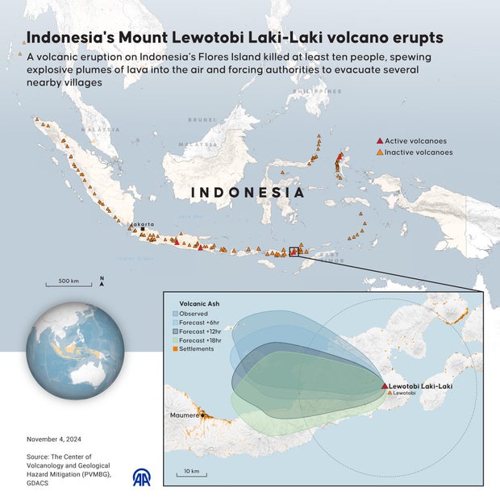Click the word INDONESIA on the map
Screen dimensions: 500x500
tap(248, 193)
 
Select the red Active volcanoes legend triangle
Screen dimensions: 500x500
tap(380, 140)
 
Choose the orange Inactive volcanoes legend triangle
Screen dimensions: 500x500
tap(380, 152)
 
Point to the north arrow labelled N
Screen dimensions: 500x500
tap(102, 281)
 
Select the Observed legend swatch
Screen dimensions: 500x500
tap(176, 314)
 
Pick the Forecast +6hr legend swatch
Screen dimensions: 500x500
tap(176, 323)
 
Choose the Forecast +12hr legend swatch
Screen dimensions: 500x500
tap(176, 331)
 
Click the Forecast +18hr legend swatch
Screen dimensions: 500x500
tap(176, 340)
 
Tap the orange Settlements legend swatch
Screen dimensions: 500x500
tap(176, 349)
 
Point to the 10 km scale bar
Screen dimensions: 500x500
tap(191, 474)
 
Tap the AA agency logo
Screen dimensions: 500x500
tap(143, 478)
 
